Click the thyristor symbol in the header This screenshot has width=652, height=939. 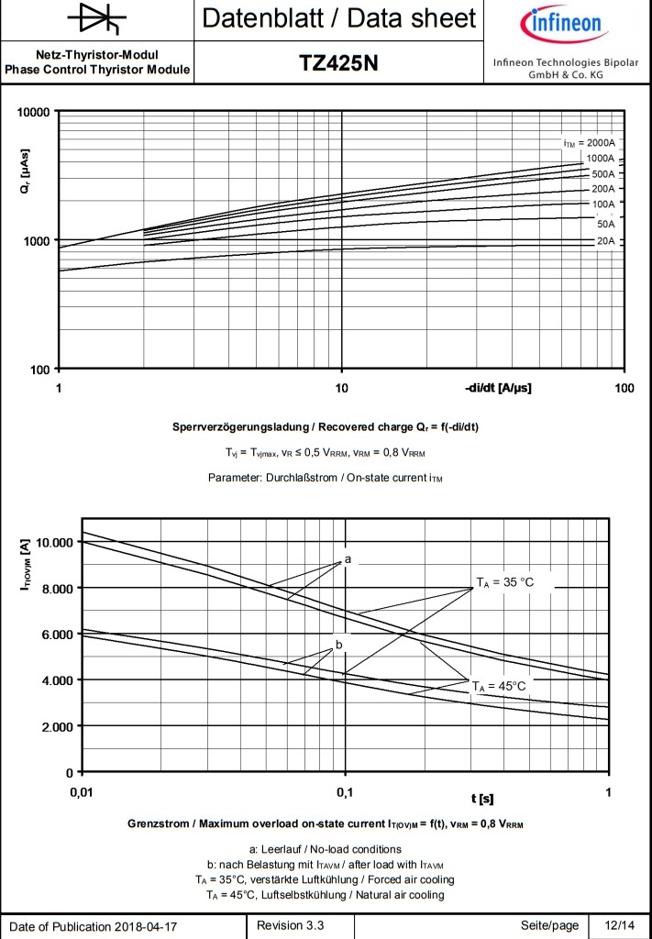[97, 19]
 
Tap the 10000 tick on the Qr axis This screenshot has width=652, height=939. [34, 113]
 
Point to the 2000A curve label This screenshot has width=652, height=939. [589, 144]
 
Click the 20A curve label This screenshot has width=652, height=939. [605, 240]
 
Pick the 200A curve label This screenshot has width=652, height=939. [602, 189]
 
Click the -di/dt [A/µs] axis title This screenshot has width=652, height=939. [498, 388]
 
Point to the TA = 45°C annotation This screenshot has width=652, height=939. [499, 685]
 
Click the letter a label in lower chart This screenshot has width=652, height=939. [348, 558]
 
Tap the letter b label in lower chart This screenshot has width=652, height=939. [338, 646]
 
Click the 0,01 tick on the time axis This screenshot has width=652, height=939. [82, 791]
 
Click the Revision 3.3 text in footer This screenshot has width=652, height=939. [291, 925]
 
